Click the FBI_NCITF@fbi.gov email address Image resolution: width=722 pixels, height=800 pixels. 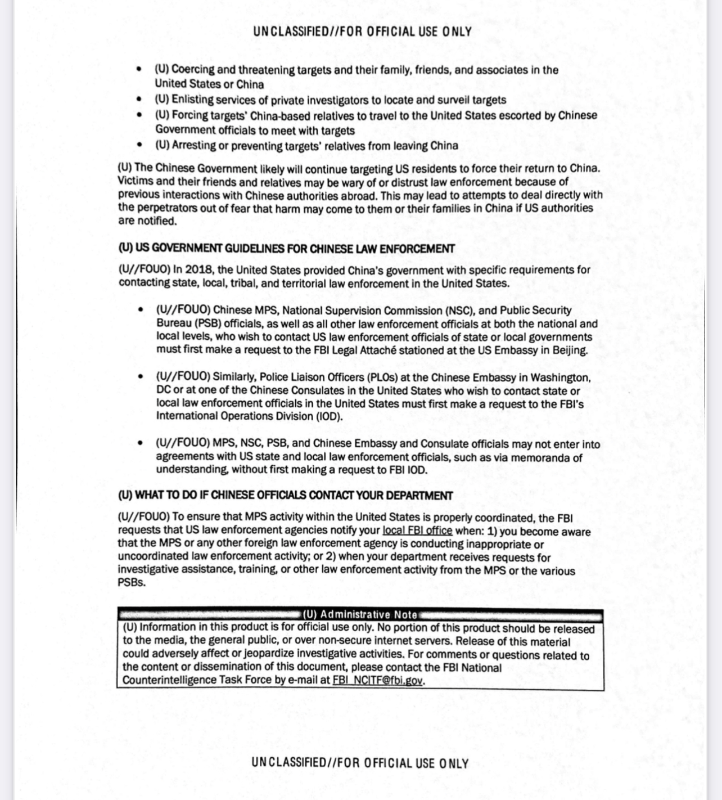click(377, 680)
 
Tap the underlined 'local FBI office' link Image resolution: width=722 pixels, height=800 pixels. click(417, 531)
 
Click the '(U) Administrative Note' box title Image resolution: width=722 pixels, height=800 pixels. click(360, 614)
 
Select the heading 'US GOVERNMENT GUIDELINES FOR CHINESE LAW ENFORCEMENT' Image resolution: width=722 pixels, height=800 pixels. click(295, 249)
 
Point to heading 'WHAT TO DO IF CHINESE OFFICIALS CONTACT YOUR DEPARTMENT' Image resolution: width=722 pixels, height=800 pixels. click(294, 496)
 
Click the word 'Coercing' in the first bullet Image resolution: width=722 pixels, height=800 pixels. click(193, 70)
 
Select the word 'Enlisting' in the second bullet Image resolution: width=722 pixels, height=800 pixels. click(193, 100)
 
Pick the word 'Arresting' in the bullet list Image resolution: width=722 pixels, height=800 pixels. click(194, 146)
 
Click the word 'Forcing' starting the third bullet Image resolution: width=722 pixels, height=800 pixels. click(189, 115)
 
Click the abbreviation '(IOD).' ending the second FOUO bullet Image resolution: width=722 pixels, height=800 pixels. click(328, 416)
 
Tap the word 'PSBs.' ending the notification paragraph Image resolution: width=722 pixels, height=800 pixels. click(132, 583)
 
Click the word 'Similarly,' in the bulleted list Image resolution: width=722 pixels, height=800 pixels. click(234, 377)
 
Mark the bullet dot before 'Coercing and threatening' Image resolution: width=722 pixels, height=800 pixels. click(139, 69)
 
